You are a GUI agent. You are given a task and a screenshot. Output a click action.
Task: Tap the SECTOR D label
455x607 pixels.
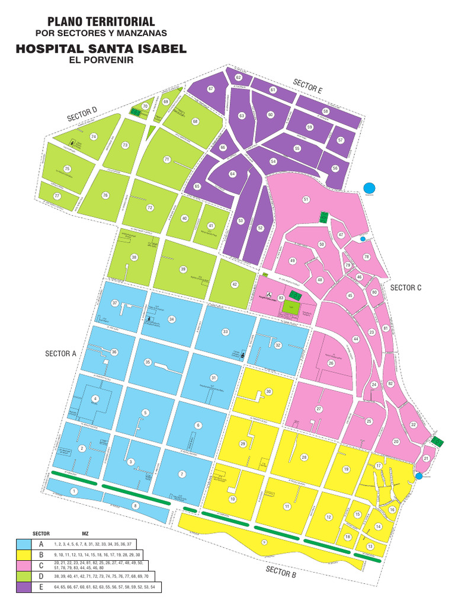click(82, 114)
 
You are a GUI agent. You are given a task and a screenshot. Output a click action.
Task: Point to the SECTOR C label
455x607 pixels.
click(405, 287)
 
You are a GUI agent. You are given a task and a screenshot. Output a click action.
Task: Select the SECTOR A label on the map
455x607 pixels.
click(61, 354)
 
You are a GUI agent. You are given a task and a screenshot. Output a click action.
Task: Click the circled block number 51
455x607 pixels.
click(306, 199)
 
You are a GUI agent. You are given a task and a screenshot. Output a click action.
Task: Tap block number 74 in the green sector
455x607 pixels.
click(93, 136)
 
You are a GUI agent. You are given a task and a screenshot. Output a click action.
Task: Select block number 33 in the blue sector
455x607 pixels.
click(225, 331)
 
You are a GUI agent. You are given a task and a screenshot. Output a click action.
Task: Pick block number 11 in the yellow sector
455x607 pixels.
click(287, 506)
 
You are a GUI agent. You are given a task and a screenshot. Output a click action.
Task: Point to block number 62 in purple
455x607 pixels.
click(238, 78)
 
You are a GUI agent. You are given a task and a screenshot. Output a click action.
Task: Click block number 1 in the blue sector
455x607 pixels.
click(73, 491)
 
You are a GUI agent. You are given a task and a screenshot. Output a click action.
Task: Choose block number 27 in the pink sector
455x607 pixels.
click(318, 409)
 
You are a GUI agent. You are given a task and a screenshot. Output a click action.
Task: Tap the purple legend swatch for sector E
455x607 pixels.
click(24, 587)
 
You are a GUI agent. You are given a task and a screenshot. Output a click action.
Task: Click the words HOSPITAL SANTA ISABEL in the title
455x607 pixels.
click(101, 50)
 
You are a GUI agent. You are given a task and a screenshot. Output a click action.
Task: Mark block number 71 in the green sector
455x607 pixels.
click(167, 159)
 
